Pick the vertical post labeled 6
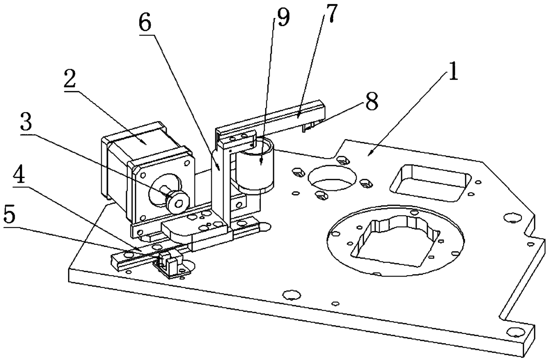coord(220,186)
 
